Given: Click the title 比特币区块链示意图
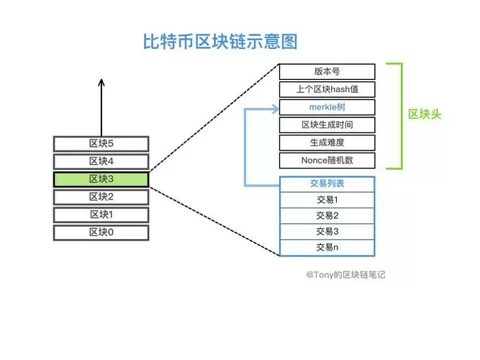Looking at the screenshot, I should (x=220, y=41).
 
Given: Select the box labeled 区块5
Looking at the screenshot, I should (x=101, y=143).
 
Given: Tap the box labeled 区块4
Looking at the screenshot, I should (x=101, y=161).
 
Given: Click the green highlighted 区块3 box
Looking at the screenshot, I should (x=101, y=179).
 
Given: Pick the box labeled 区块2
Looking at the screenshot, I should (x=101, y=197).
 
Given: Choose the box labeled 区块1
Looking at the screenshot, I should (x=101, y=215).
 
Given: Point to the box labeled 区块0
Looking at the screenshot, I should (x=101, y=232).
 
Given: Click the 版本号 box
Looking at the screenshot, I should (x=327, y=71).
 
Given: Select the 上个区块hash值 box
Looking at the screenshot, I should (x=327, y=89).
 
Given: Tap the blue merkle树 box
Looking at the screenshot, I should (x=327, y=107).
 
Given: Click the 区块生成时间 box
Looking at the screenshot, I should (x=327, y=125).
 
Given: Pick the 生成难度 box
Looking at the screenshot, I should (x=327, y=143).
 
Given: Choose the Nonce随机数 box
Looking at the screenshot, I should (x=327, y=160).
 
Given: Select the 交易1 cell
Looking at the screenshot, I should (x=327, y=199).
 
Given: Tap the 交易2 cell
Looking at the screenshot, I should (x=327, y=215).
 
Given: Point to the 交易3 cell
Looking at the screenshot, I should (x=327, y=231).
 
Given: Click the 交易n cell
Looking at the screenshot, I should (x=327, y=247).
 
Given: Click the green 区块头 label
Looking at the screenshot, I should (x=425, y=114).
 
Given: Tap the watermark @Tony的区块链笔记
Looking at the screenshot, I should (x=345, y=274).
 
